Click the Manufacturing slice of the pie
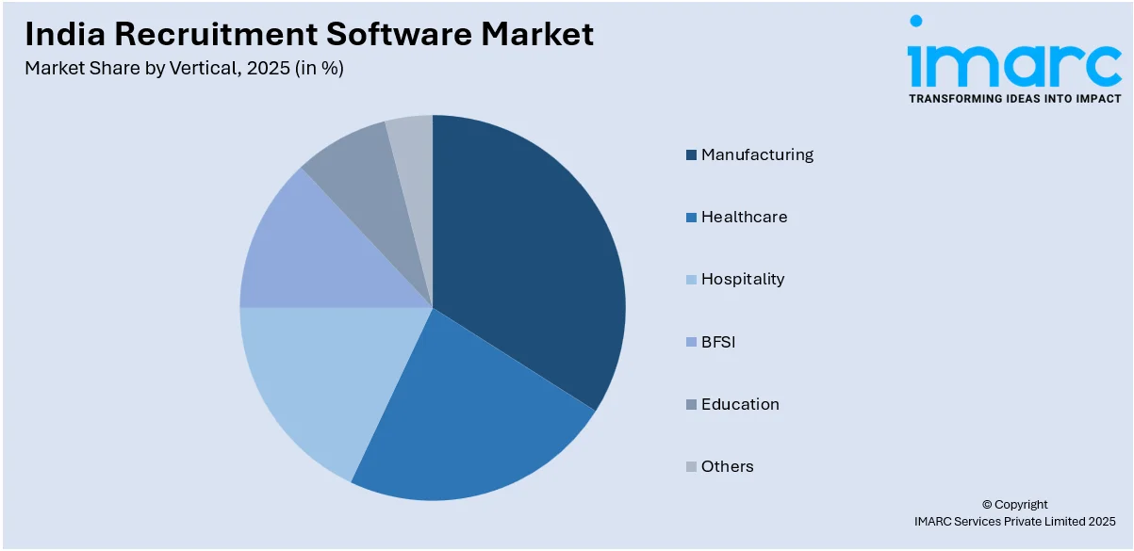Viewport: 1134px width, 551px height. [528, 254]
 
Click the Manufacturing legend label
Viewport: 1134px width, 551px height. [757, 154]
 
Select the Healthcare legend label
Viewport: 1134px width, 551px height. [744, 217]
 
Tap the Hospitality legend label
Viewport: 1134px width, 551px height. [743, 279]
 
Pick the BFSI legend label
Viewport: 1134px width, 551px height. [718, 342]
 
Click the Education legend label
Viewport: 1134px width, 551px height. [740, 404]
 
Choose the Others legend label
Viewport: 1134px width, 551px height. [727, 466]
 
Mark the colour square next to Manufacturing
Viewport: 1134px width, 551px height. [692, 154]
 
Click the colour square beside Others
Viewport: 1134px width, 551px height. [692, 466]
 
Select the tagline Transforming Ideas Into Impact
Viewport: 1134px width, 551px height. [1014, 98]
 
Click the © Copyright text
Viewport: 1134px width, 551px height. [1014, 504]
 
